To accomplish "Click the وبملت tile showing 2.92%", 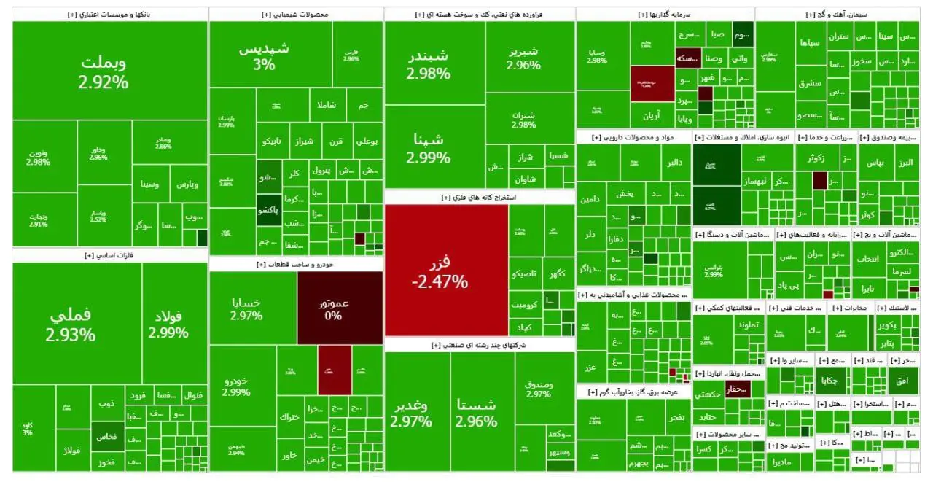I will point(104,71).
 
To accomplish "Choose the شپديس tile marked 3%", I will point(264,55).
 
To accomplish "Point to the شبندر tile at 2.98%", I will point(429,64).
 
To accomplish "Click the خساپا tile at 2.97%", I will point(246,308).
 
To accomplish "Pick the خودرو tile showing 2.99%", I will point(236,386).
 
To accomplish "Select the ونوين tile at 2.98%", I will point(40,158).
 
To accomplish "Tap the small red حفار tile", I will point(743,389).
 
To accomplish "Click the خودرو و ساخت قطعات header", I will point(295,265).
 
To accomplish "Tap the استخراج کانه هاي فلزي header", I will point(479,198).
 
